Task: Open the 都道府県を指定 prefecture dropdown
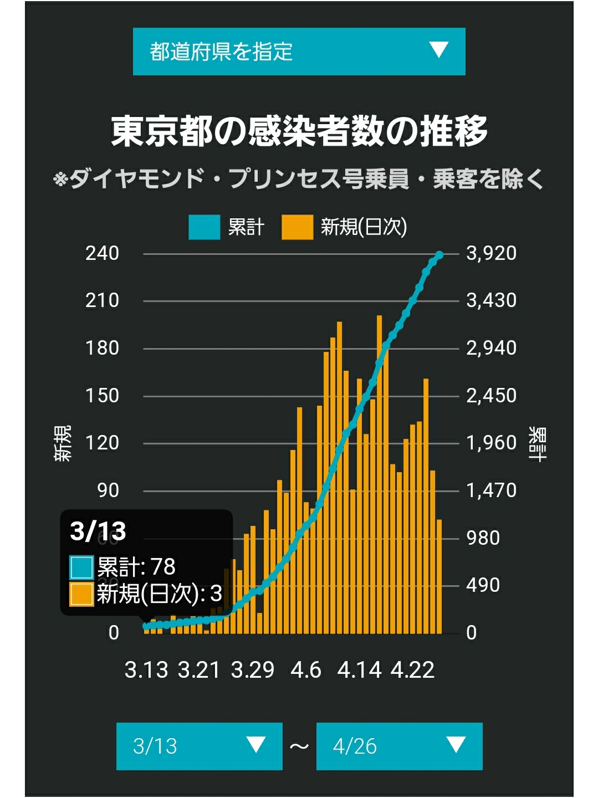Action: click(299, 52)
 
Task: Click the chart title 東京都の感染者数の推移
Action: click(299, 131)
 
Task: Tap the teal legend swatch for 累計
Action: click(205, 227)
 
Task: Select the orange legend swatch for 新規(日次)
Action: click(298, 227)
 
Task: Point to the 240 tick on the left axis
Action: click(102, 253)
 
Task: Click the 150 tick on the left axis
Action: click(102, 396)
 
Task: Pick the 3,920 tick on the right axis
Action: click(491, 253)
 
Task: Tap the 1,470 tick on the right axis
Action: click(491, 490)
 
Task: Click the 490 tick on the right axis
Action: click(483, 585)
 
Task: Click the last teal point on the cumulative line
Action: click(439, 255)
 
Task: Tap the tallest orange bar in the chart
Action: click(380, 475)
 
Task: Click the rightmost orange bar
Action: click(439, 576)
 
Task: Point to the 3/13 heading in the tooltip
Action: click(98, 531)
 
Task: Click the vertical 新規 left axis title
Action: click(63, 443)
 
